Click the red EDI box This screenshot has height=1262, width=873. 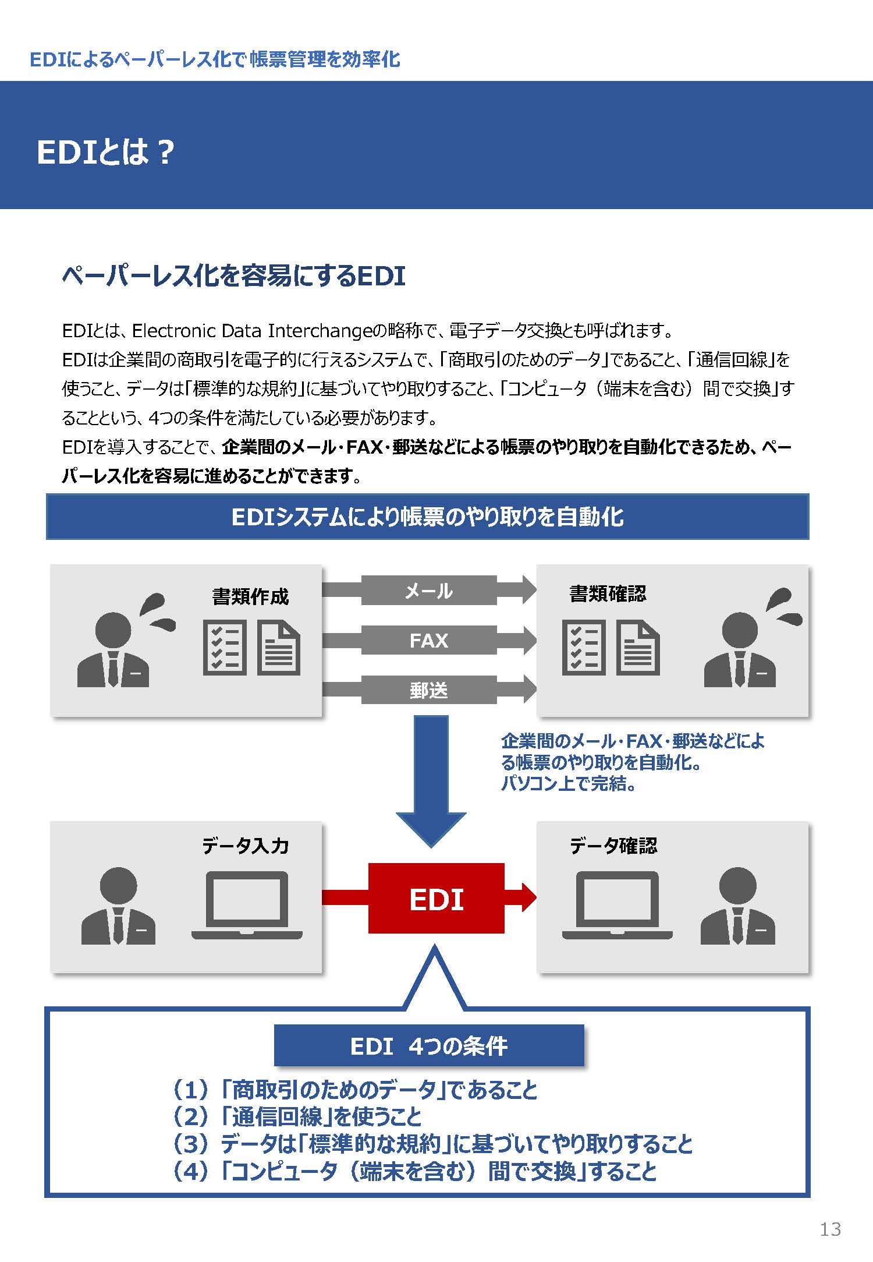tap(436, 898)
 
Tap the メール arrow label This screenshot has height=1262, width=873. tap(429, 591)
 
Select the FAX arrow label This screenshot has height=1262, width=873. tap(429, 640)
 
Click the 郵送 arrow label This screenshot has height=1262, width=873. tap(429, 690)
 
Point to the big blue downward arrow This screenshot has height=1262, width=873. tap(431, 780)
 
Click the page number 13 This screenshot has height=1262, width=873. tap(830, 1229)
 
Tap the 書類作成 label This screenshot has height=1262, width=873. tap(250, 596)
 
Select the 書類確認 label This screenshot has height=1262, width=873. tap(608, 593)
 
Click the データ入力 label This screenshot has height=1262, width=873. tap(246, 846)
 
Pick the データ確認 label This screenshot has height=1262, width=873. tap(613, 846)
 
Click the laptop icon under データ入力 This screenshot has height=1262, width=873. tap(247, 905)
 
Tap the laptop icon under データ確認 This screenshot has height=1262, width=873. tap(617, 905)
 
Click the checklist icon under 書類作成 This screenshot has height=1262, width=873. tap(225, 647)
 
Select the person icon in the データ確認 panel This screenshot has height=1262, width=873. tap(737, 906)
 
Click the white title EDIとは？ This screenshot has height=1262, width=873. tap(105, 153)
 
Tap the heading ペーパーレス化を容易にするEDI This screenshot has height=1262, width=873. tap(233, 275)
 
